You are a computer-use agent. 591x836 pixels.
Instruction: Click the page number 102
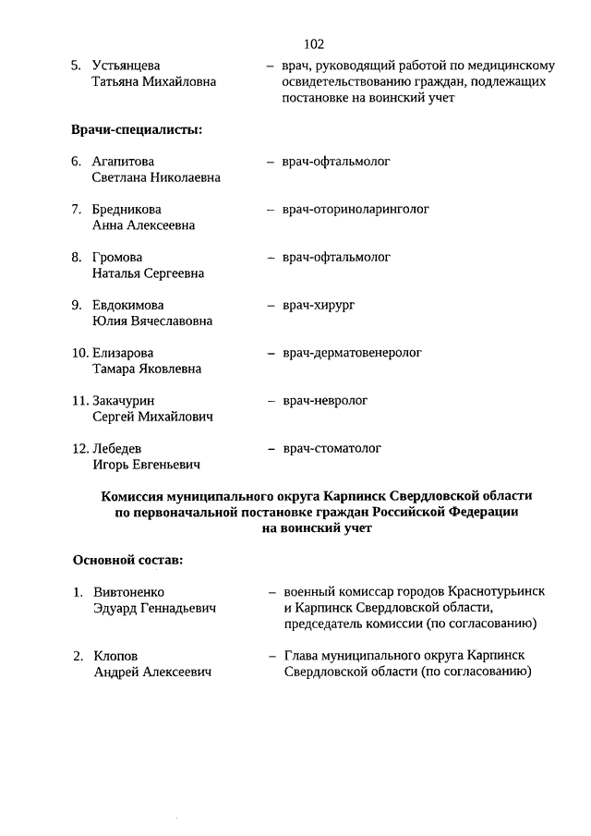click(x=313, y=43)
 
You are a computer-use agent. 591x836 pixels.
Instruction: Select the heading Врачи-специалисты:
click(x=137, y=128)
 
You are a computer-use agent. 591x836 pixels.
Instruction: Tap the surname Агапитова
click(x=124, y=162)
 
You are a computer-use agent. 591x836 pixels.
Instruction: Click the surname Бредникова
click(x=127, y=210)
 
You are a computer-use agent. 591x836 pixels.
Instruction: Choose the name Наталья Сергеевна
click(x=148, y=273)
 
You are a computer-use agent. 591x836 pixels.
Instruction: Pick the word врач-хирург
click(x=319, y=305)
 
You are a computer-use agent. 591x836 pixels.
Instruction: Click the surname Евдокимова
click(x=128, y=305)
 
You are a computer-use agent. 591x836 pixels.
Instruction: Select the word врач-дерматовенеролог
click(x=352, y=353)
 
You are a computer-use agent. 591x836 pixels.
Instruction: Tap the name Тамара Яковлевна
click(x=147, y=370)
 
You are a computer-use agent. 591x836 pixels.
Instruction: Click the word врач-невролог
click(x=325, y=401)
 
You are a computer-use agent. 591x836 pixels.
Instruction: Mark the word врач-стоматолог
click(x=332, y=449)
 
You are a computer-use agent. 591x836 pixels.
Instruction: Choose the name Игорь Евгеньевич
click(x=146, y=465)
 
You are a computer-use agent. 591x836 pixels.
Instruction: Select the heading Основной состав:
click(x=127, y=559)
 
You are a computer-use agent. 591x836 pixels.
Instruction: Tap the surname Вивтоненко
click(x=135, y=592)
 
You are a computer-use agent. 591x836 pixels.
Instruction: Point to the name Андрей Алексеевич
click(x=152, y=672)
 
